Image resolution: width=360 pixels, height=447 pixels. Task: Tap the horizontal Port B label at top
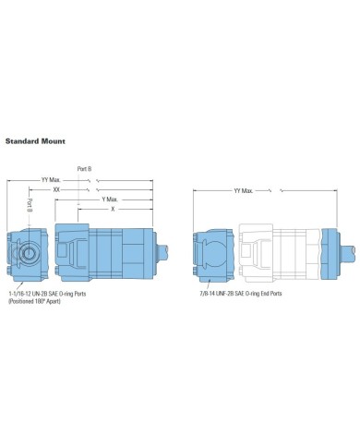(x=82, y=168)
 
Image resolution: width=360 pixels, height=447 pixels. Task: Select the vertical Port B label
(x=30, y=205)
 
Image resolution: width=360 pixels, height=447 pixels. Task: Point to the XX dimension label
(x=59, y=188)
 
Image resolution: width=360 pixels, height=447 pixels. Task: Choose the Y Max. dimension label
(x=109, y=199)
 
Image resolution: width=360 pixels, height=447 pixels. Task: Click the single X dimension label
(x=113, y=209)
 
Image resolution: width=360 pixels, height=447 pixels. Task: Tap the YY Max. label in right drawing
(x=244, y=190)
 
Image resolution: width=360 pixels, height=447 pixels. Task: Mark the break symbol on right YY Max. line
(x=269, y=190)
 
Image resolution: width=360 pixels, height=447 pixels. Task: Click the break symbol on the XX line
(x=86, y=188)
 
